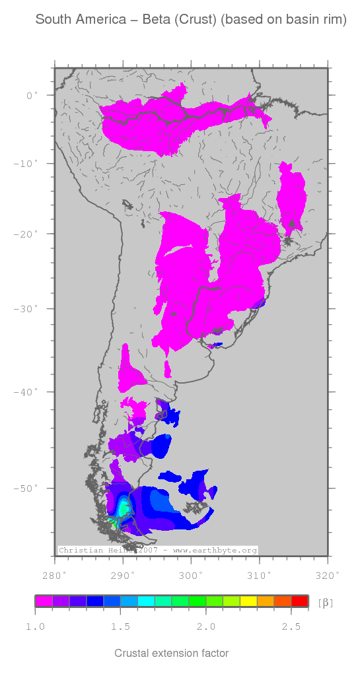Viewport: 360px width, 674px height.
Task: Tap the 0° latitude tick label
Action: pos(32,95)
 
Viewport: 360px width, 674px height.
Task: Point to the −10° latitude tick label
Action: pos(27,163)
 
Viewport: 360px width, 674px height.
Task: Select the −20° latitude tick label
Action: pos(27,234)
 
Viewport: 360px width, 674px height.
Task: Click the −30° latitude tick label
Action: pos(27,308)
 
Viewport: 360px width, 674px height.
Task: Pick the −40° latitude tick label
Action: pos(27,392)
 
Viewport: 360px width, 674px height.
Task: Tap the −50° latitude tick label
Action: pos(27,489)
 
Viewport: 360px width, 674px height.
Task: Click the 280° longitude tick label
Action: pos(54,574)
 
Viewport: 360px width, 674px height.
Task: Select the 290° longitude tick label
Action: pos(122,574)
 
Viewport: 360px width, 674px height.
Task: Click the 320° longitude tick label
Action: pos(328,574)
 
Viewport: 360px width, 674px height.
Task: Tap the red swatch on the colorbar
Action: pos(300,601)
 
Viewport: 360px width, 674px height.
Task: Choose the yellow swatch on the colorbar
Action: pos(248,601)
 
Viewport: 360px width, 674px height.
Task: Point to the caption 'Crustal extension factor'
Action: pos(172,654)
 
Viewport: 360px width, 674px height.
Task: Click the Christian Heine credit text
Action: pos(96,550)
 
